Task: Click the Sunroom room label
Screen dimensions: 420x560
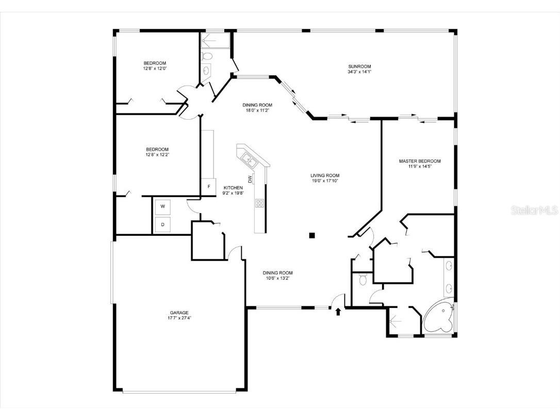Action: tap(359, 67)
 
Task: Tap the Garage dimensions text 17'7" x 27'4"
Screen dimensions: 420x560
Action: tap(179, 318)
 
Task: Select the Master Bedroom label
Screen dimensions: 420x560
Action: tap(420, 161)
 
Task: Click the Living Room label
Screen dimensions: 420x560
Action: tap(324, 175)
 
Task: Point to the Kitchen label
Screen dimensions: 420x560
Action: tap(233, 187)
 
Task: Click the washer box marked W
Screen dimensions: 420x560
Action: tap(163, 206)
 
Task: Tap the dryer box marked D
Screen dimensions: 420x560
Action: tap(163, 224)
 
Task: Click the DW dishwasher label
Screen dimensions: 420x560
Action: tap(250, 180)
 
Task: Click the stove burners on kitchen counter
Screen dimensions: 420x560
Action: tap(259, 203)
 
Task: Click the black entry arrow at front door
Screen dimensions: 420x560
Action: tap(338, 312)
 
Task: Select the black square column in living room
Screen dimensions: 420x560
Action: tap(311, 236)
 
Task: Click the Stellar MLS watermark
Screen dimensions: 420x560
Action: tap(534, 211)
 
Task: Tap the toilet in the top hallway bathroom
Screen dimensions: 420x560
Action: tap(207, 56)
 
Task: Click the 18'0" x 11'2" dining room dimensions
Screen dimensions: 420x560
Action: tap(257, 110)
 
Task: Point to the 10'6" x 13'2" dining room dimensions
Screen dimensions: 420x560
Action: tap(278, 279)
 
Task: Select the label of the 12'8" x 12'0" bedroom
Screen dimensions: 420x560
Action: tap(155, 63)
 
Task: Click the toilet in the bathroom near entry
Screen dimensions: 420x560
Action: tap(362, 280)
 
